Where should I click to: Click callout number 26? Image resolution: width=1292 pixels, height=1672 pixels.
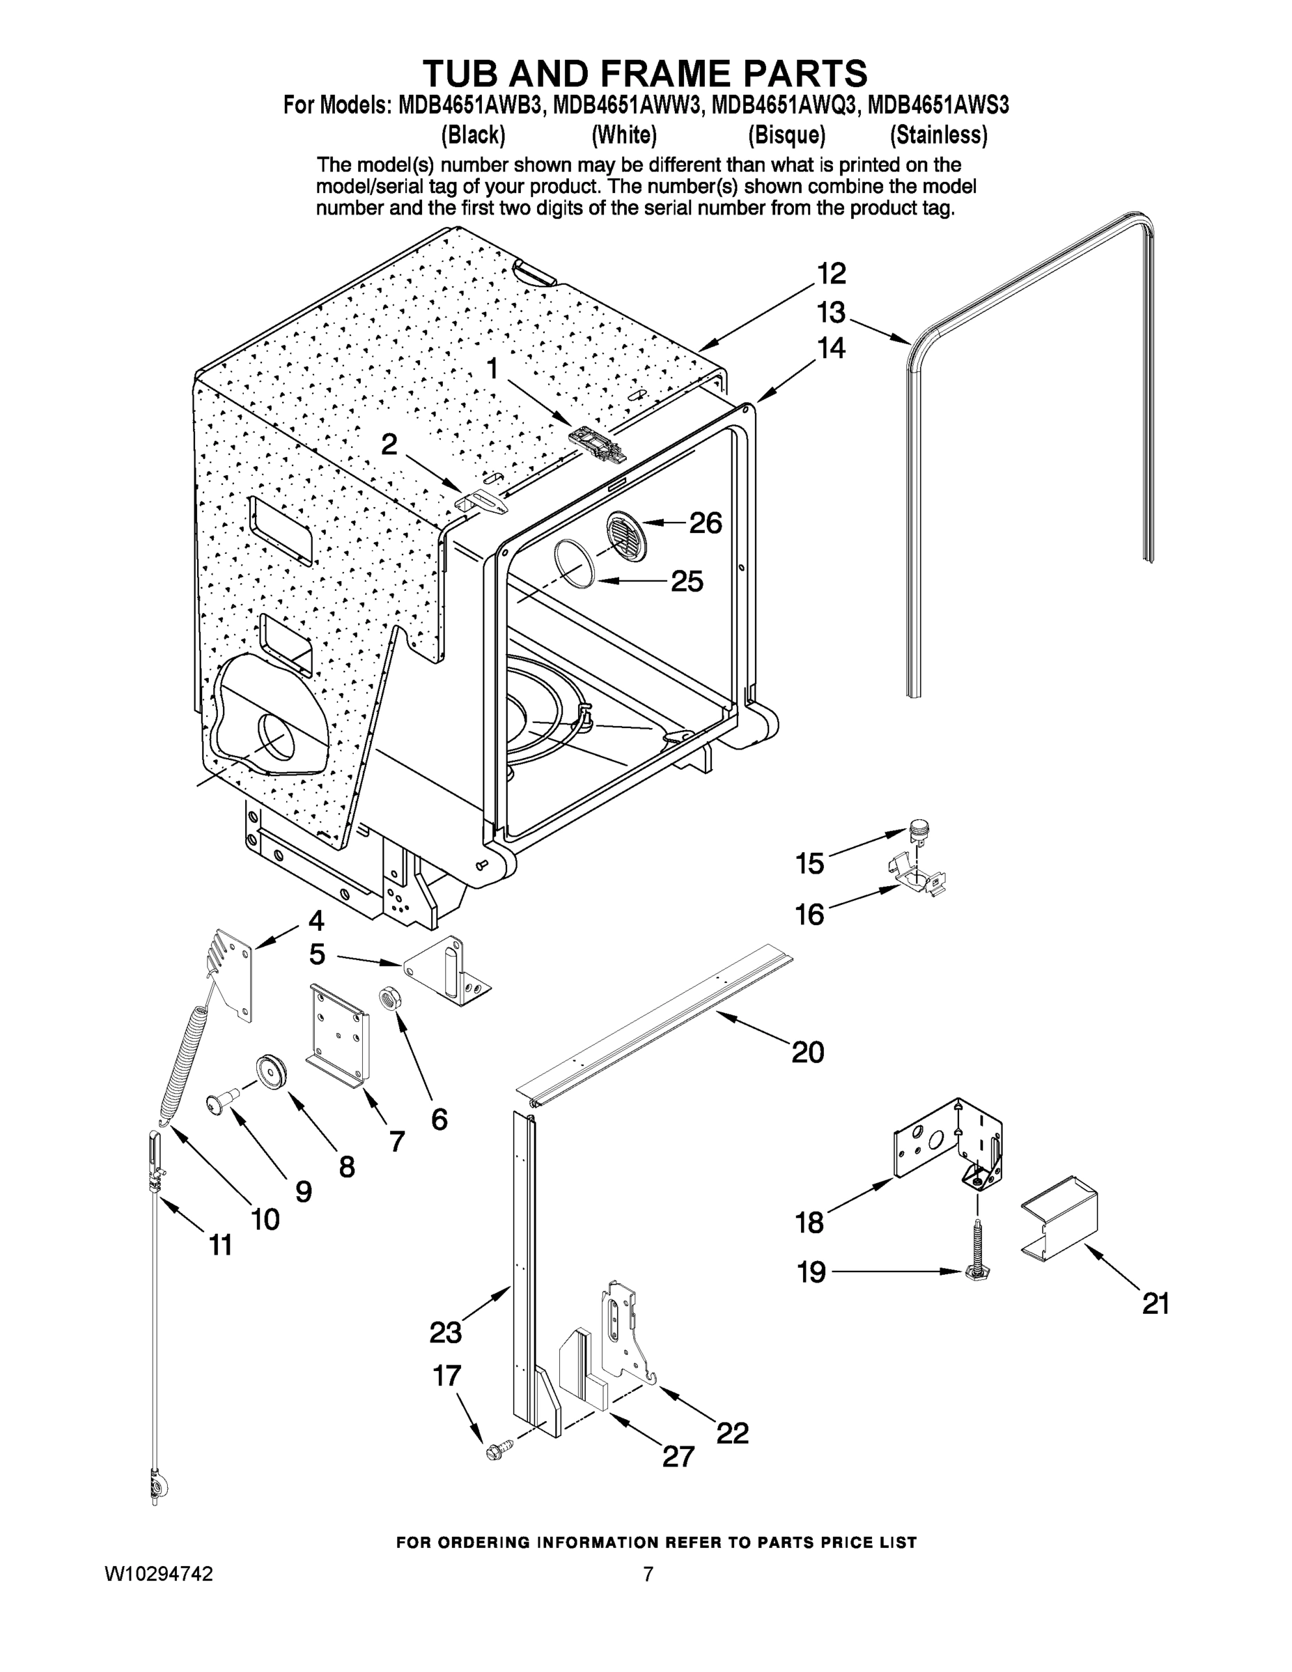pyautogui.click(x=705, y=524)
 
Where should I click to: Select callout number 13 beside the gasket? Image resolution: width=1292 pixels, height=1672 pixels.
pyautogui.click(x=831, y=312)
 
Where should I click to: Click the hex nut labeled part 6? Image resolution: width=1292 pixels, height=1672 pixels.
pyautogui.click(x=387, y=998)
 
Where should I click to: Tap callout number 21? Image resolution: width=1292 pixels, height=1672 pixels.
pyautogui.click(x=1155, y=1303)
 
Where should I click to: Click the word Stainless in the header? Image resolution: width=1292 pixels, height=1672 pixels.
pyautogui.click(x=938, y=136)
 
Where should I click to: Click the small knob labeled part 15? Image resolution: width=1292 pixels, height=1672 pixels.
pyautogui.click(x=917, y=829)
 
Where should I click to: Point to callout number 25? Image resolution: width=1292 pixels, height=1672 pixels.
pyautogui.click(x=687, y=582)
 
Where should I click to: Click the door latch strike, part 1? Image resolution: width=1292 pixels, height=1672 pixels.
pyautogui.click(x=597, y=442)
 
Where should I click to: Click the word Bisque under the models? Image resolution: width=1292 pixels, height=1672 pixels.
pyautogui.click(x=787, y=136)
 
